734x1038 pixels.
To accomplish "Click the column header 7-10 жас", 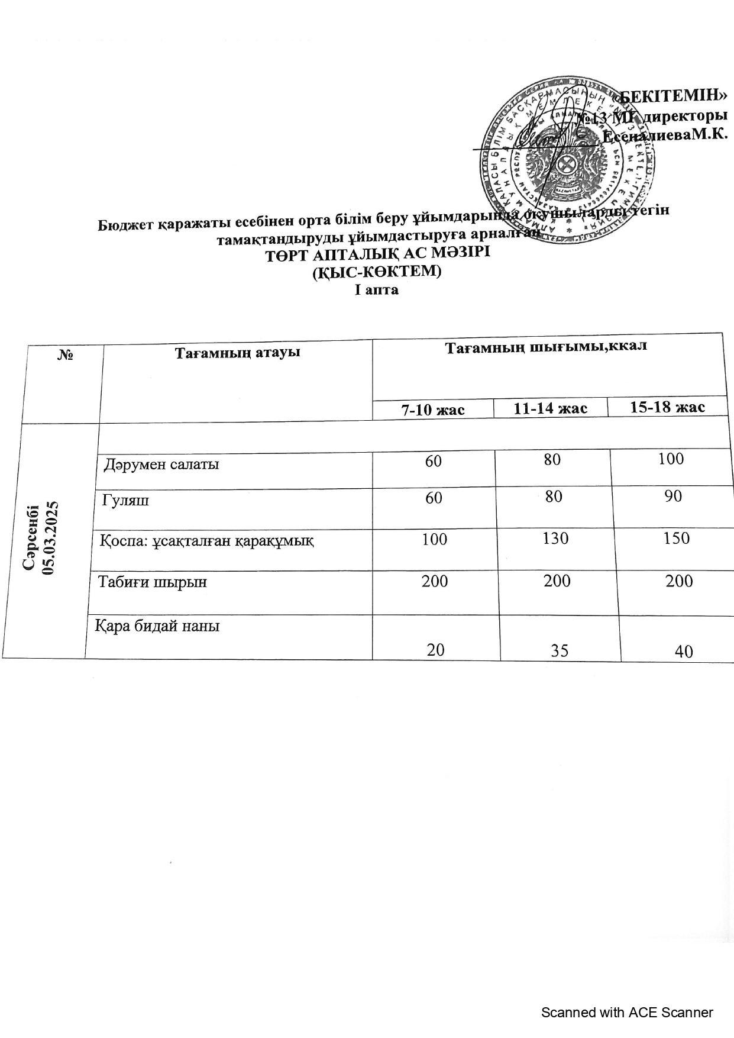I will pos(433,410).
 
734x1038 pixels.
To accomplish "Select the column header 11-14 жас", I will pos(550,408).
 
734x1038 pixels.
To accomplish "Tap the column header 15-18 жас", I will pos(667,407).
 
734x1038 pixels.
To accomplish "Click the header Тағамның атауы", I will pos(237,353).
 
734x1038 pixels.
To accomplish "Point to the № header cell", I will pos(65,354).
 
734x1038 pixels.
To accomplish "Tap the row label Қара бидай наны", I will pos(158,626).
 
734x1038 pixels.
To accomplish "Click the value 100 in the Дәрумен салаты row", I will pos(671,459).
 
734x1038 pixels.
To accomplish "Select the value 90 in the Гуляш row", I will pos(673,496).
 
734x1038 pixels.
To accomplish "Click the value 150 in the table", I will pos(677,538).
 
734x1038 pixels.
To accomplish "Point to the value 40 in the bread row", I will pos(684,652).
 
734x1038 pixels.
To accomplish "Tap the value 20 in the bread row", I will pos(436,650).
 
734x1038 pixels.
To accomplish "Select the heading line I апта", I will pos(376,290).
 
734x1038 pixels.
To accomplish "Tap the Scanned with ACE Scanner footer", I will pos(627,1013).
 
